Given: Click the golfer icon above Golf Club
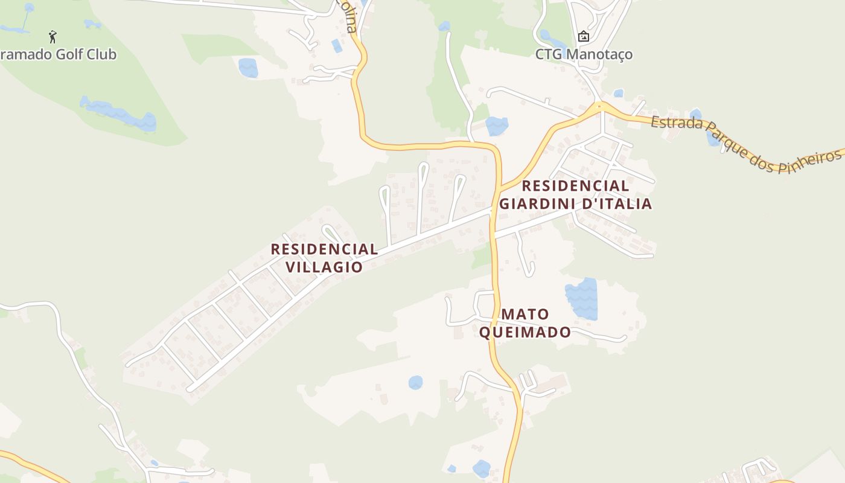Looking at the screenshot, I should pos(53,37).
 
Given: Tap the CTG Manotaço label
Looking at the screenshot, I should pos(584,54).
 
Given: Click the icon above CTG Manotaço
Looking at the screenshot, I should pos(584,37).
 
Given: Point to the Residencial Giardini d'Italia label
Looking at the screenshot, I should pos(575,194).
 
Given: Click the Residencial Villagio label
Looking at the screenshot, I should pos(324,258).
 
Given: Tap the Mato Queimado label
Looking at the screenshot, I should pos(525,323).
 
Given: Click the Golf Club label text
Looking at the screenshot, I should pos(58,54).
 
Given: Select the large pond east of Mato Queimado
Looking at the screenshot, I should pos(582,299).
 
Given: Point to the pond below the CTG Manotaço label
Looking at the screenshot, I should pos(496,126).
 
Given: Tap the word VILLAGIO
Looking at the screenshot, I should pos(324,267).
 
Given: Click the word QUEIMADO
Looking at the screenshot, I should pos(525,332).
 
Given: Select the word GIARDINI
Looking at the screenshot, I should pos(537,203).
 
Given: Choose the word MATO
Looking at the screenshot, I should pos(525,314).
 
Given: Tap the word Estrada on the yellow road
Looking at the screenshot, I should pos(677,124).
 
